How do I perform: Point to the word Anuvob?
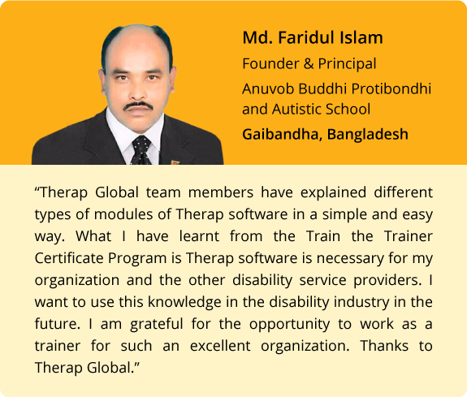pyautogui.click(x=268, y=88)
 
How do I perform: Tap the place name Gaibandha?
pyautogui.click(x=280, y=134)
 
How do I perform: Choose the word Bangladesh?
pyautogui.click(x=368, y=134)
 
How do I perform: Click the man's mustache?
pyautogui.click(x=138, y=106)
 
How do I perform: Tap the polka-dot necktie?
pyautogui.click(x=141, y=150)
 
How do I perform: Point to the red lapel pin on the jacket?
pyautogui.click(x=175, y=162)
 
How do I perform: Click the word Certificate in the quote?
pyautogui.click(x=69, y=258)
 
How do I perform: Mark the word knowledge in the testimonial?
pyautogui.click(x=184, y=302)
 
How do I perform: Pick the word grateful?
pyautogui.click(x=157, y=324)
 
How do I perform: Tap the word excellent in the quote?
pyautogui.click(x=220, y=346)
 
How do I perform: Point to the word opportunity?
pyautogui.click(x=289, y=325)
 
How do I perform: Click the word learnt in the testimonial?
pyautogui.click(x=199, y=236)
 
